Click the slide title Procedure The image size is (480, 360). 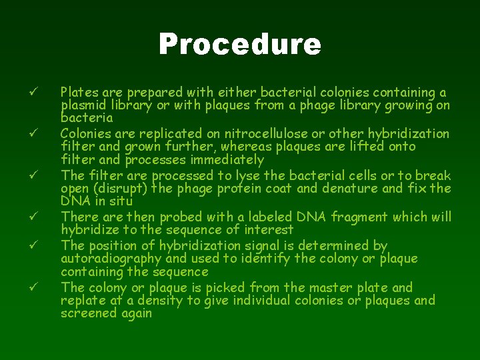pyautogui.click(x=240, y=45)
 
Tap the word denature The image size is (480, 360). pyautogui.click(x=354, y=188)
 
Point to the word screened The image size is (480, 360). pyautogui.click(x=88, y=313)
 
